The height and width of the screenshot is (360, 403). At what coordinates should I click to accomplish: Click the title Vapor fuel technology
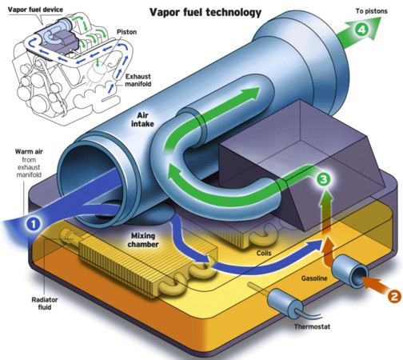(x=205, y=12)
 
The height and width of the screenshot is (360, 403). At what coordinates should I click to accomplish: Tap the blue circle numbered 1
(x=33, y=224)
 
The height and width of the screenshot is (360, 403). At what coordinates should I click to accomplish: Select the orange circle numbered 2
(x=394, y=296)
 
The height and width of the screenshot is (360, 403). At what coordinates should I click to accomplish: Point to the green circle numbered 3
(x=323, y=179)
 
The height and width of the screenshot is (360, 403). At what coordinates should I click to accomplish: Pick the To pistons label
(x=371, y=11)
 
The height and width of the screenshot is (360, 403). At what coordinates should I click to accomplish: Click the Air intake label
(x=142, y=119)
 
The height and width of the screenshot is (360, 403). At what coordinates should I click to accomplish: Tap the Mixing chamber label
(x=143, y=240)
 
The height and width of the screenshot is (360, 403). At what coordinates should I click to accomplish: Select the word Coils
(x=264, y=253)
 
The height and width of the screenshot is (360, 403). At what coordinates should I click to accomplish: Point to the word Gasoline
(x=314, y=278)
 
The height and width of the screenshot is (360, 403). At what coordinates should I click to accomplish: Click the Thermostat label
(x=312, y=326)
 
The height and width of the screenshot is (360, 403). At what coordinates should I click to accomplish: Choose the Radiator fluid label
(x=45, y=303)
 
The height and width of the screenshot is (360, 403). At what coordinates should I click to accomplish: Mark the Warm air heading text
(x=29, y=151)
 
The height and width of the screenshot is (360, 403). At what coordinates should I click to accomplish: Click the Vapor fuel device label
(x=35, y=10)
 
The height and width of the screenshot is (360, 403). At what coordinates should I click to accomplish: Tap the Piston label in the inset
(x=126, y=32)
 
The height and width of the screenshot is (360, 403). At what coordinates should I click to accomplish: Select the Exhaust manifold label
(x=138, y=80)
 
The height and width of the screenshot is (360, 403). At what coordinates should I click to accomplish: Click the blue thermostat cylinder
(x=282, y=303)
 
